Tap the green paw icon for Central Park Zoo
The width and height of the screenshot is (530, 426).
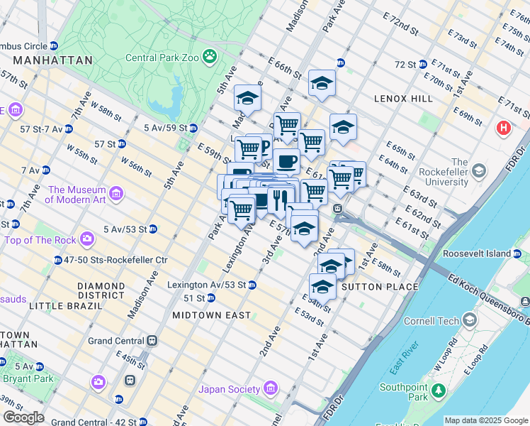tap(210, 56)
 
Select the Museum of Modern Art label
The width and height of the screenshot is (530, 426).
tap(77, 195)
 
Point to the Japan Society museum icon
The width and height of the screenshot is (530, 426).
tap(269, 388)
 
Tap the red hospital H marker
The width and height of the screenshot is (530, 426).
tap(504, 128)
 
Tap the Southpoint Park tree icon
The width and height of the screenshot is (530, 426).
tap(439, 390)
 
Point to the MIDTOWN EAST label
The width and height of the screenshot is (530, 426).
tap(212, 315)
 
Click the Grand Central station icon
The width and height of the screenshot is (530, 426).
tap(152, 341)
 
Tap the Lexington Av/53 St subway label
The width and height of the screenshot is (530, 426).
tap(206, 285)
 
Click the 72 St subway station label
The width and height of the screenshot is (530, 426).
tap(405, 65)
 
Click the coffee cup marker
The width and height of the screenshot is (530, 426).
tap(286, 162)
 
